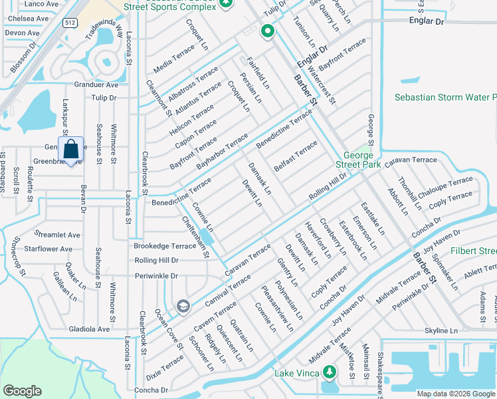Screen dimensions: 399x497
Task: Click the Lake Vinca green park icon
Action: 328,371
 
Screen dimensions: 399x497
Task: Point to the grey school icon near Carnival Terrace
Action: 183,306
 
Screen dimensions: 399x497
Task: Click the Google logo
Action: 23,391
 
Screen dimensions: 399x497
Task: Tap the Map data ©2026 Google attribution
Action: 455,394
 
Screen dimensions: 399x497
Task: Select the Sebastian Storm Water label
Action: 445,97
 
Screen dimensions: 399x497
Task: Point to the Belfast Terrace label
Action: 295,156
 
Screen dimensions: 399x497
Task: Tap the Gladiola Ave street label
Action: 89,329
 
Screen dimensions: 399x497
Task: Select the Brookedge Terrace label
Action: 165,246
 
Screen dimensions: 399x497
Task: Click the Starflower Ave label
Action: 48,249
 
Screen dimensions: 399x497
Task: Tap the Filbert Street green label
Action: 474,251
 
